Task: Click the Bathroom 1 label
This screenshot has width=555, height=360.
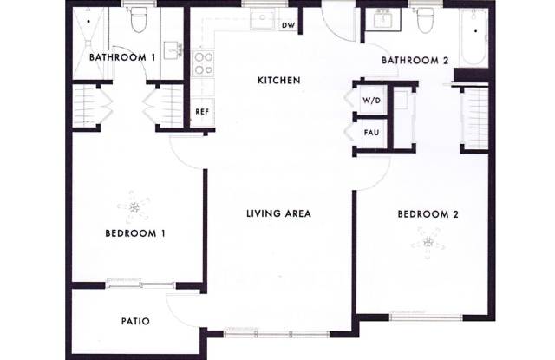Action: (122, 57)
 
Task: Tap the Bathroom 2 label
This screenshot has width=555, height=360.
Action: (415, 61)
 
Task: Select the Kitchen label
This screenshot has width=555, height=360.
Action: (279, 81)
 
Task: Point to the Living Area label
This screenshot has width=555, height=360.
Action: (278, 213)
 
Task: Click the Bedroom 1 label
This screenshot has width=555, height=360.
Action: (135, 233)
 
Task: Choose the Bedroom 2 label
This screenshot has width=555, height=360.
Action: (428, 214)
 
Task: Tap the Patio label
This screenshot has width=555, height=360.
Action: (135, 322)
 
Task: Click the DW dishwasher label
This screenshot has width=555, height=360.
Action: (289, 25)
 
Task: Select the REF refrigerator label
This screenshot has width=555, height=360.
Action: (202, 112)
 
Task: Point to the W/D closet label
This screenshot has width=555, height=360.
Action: (371, 101)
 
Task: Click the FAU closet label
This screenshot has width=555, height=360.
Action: (371, 133)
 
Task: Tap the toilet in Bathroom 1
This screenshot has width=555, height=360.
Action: (139, 19)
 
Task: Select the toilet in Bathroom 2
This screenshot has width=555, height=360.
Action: (425, 20)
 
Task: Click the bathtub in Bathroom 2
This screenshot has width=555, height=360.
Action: (473, 37)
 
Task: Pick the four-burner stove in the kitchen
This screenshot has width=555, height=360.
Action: (203, 63)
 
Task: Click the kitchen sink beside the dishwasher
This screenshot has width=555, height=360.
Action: (262, 18)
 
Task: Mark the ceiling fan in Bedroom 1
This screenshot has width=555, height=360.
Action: (134, 207)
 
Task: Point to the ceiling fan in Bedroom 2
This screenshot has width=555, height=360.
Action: (428, 243)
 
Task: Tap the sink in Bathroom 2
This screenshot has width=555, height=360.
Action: (387, 19)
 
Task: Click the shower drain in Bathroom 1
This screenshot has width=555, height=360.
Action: (88, 21)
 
